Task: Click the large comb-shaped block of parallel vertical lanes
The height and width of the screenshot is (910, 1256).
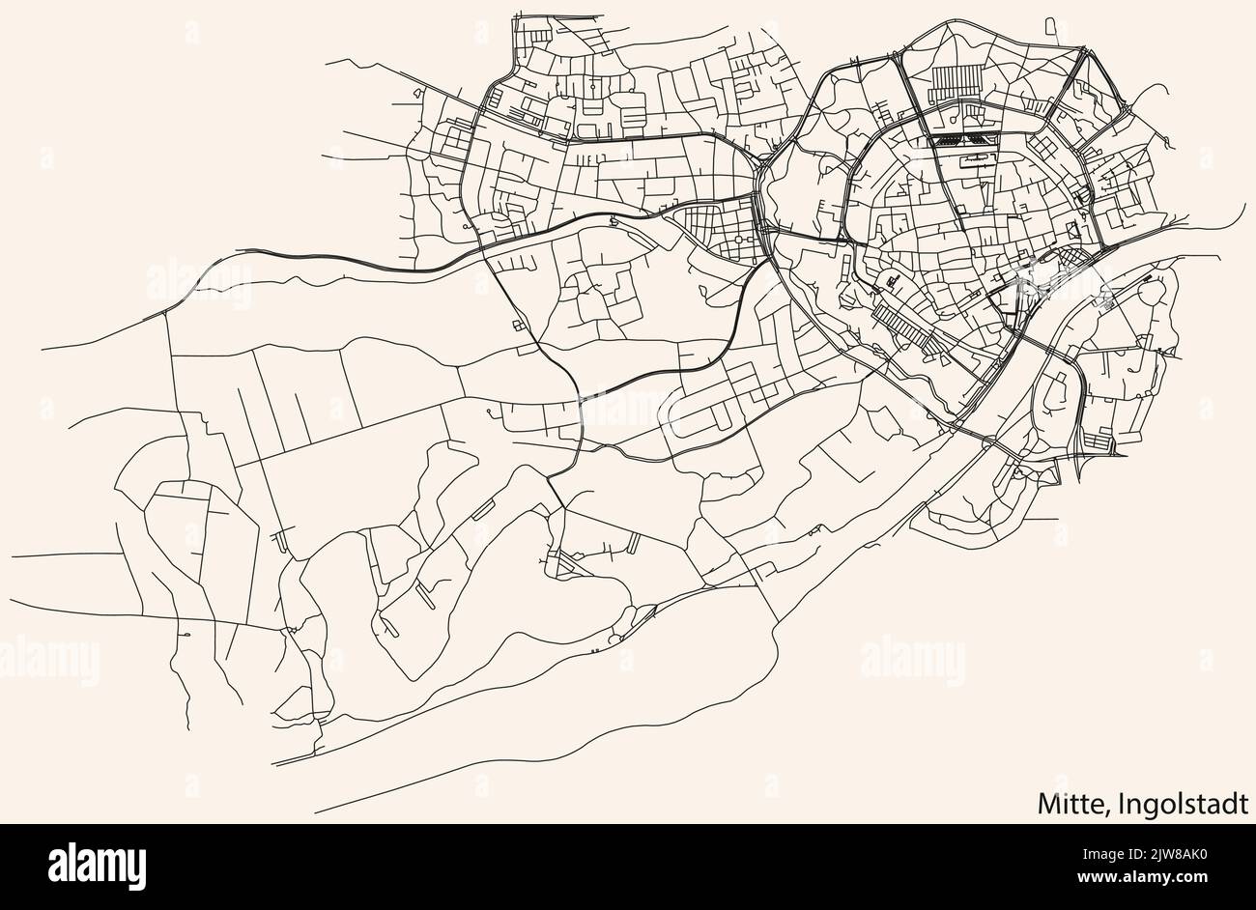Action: [956, 81]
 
